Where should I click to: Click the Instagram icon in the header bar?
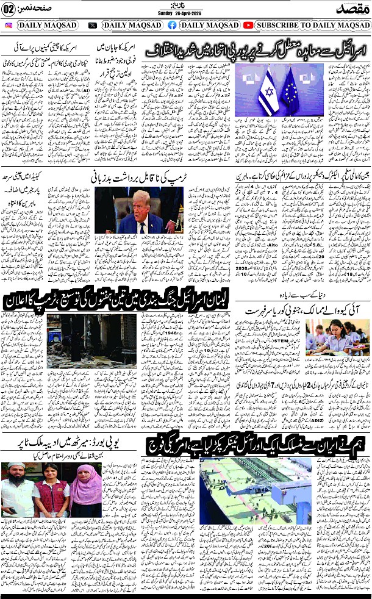pyautogui.click(x=9, y=26)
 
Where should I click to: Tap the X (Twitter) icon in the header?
pyautogui.click(x=93, y=26)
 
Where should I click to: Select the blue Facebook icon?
pyautogui.click(x=172, y=26)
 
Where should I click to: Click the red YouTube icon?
pyautogui.click(x=248, y=26)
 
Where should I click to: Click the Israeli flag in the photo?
pyautogui.click(x=268, y=93)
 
